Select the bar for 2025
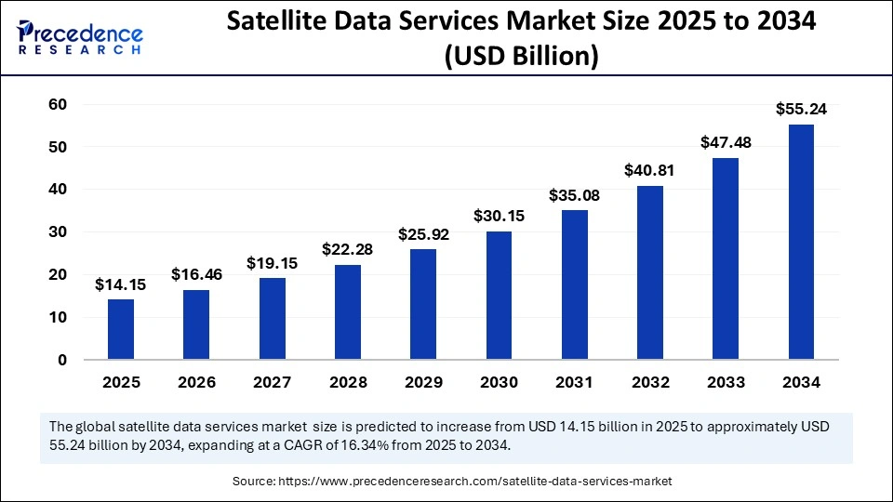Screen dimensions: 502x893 click(121, 329)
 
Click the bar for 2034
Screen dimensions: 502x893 click(801, 242)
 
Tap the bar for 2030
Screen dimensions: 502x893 click(499, 296)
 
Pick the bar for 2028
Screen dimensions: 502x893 click(348, 312)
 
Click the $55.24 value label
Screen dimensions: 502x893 click(801, 109)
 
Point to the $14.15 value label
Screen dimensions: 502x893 click(121, 284)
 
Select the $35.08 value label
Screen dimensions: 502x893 click(574, 194)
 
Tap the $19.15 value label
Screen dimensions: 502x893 click(272, 263)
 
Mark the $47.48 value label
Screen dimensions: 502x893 click(726, 142)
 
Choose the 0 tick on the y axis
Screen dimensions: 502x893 click(60, 360)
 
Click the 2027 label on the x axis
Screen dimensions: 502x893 click(272, 382)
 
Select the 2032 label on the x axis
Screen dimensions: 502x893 click(649, 382)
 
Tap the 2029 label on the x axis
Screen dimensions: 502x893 click(423, 382)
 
